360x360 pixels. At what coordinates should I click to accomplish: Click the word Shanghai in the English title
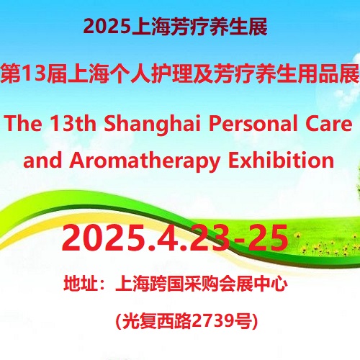pos(152,125)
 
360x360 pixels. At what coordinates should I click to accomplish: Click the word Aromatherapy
pos(145,161)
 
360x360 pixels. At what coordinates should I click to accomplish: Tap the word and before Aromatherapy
pos(42,160)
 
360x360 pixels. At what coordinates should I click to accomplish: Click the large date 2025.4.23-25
pos(175,238)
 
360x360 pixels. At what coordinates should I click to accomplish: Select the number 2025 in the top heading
pos(107,26)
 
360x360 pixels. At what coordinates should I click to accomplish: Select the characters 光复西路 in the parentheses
pos(157,321)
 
